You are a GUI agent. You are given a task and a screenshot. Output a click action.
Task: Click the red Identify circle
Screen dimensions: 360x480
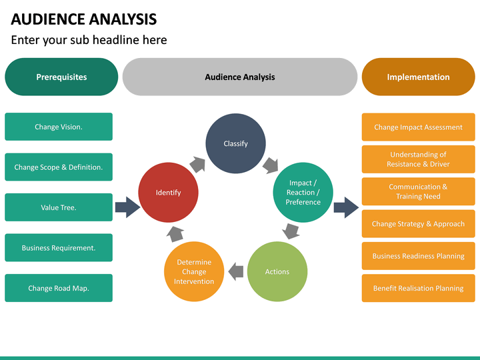click(x=168, y=193)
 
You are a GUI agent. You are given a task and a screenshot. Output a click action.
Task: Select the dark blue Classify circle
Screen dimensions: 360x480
click(x=235, y=143)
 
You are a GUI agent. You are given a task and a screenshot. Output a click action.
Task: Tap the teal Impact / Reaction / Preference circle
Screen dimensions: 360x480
click(x=303, y=193)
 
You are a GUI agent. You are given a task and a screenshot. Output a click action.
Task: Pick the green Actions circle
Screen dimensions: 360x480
click(x=277, y=271)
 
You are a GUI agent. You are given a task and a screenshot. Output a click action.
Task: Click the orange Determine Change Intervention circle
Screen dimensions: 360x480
click(x=194, y=271)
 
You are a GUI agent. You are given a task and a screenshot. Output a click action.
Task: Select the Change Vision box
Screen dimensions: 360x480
click(x=59, y=127)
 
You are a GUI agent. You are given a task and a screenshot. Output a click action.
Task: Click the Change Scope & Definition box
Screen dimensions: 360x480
click(x=59, y=167)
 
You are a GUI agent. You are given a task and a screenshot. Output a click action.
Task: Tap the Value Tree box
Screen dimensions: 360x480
click(x=59, y=207)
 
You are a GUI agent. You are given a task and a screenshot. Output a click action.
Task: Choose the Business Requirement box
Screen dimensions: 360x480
click(x=59, y=248)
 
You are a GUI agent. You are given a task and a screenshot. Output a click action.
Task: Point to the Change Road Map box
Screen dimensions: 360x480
click(x=59, y=288)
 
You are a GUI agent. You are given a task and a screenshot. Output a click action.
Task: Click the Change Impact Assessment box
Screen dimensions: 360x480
click(x=418, y=127)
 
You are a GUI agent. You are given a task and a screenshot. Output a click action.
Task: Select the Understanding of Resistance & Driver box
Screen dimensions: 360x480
click(x=418, y=159)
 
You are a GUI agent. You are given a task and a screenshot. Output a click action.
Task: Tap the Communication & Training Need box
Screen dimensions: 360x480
click(x=418, y=191)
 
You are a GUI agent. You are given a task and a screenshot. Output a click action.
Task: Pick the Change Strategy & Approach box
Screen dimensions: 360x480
click(x=418, y=224)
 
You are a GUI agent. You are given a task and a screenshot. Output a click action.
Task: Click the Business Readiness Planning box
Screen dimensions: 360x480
click(x=418, y=256)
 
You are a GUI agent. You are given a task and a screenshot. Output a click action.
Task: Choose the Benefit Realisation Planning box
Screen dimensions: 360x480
click(x=418, y=288)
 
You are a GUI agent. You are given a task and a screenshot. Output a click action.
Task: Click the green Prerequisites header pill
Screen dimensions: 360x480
click(x=61, y=77)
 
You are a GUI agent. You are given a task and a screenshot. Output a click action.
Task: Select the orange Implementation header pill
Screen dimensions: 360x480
click(x=418, y=77)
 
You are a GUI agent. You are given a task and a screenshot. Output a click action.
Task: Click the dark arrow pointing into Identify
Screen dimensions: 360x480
click(x=127, y=207)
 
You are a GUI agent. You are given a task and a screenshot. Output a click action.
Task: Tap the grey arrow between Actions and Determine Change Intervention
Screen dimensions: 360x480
click(x=235, y=271)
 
